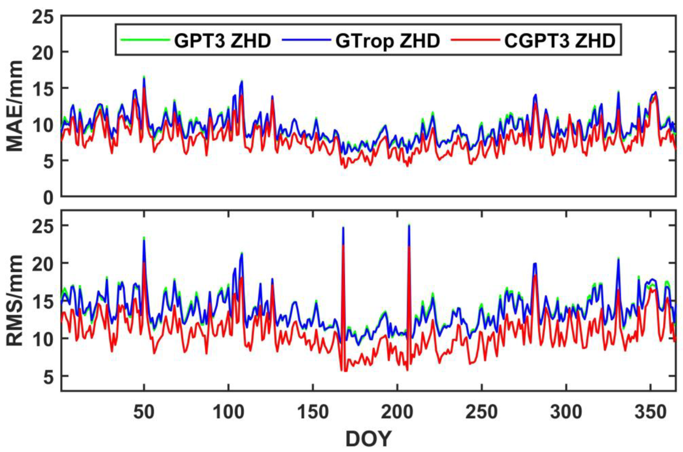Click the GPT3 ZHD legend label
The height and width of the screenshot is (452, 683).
tap(222, 41)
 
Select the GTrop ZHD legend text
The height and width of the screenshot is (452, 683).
tap(387, 41)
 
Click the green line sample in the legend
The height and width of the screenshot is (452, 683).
tap(145, 40)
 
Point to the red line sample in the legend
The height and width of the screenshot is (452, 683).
tap(475, 40)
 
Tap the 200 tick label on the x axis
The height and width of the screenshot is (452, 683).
tap(397, 413)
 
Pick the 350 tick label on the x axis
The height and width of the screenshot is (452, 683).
tap(650, 413)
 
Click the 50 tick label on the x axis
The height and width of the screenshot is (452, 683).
tap(144, 413)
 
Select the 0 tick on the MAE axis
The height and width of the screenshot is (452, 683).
tap(48, 198)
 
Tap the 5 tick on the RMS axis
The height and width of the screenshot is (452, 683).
tap(48, 376)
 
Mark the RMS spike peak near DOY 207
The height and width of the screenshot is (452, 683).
tap(409, 225)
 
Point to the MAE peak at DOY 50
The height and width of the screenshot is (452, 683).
tap(144, 77)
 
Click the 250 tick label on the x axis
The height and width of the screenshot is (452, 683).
tap(481, 413)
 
